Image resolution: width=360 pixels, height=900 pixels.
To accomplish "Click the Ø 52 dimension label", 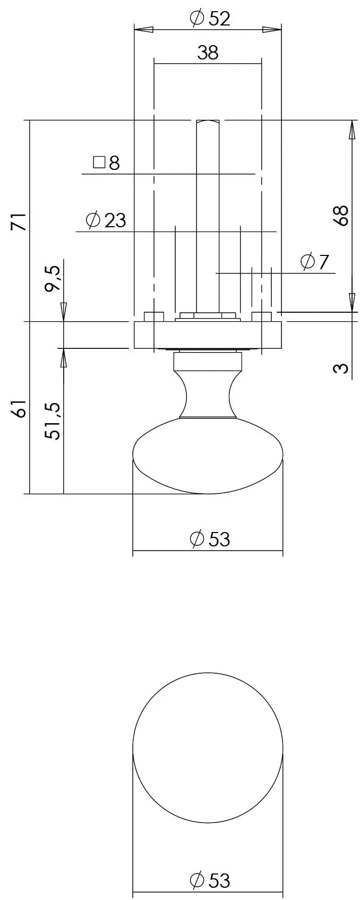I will [x=210, y=19].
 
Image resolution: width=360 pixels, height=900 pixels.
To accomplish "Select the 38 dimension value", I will [x=208, y=53].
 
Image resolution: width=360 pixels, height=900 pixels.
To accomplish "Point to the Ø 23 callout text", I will [x=106, y=220].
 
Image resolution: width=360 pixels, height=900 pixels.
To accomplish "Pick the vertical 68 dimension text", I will [x=341, y=215].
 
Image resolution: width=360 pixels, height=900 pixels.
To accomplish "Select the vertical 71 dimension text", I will [x=19, y=221].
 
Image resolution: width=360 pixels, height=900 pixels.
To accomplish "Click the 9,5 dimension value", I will [x=53, y=279].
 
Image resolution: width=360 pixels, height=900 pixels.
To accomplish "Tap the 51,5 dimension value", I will [x=53, y=420].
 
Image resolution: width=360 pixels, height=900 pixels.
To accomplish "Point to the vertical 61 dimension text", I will [x=19, y=409].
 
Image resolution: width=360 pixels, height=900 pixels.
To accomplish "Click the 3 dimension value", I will [x=341, y=368].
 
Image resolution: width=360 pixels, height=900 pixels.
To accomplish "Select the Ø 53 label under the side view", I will [x=210, y=539].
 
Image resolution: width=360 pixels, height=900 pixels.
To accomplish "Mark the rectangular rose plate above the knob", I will [x=208, y=335].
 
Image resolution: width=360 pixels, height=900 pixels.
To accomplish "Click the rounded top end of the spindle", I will [x=208, y=123].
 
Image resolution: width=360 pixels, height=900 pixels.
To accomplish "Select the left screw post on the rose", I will [x=154, y=317].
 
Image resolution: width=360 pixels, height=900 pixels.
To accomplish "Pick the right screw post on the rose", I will [x=261, y=317].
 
